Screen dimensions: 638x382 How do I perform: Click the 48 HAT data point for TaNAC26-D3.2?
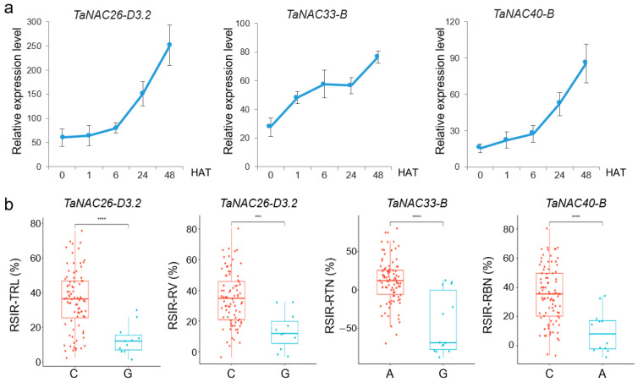(x=169, y=45)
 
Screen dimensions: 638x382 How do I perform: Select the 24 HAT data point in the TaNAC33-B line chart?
(x=351, y=85)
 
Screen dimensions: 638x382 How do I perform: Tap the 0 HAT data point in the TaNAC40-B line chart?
(x=479, y=147)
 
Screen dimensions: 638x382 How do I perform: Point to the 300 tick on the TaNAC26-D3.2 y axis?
(x=34, y=21)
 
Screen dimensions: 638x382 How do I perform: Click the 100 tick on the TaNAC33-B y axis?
(x=243, y=23)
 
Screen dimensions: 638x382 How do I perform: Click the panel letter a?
(x=9, y=8)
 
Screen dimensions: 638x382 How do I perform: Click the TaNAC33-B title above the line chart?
(x=317, y=15)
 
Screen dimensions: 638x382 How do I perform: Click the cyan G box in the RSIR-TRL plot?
(x=128, y=342)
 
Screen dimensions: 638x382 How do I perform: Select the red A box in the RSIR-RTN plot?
(x=390, y=282)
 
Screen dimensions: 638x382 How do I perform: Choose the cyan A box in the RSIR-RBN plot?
(x=602, y=335)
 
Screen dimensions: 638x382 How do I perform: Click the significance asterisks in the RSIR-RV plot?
(x=258, y=216)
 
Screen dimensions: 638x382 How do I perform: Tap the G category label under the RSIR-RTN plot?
(x=443, y=374)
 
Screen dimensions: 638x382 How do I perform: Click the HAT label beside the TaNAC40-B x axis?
(x=616, y=172)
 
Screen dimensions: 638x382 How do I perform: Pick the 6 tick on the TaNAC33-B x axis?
(x=324, y=175)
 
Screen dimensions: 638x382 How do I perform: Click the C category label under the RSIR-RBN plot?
(x=549, y=374)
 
